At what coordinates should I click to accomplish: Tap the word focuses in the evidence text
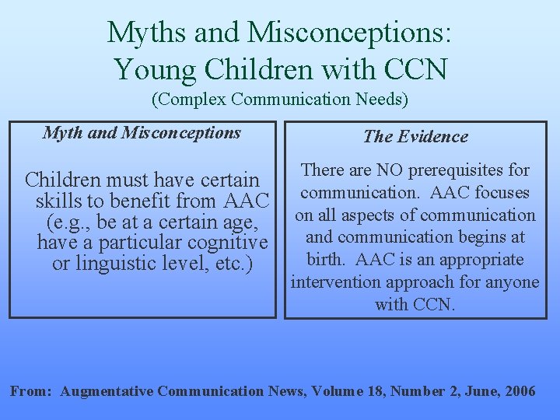[x=502, y=193]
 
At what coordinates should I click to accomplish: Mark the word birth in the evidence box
[x=327, y=260]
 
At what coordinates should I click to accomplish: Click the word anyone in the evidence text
[x=513, y=282]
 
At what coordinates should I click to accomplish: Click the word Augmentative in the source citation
[x=107, y=391]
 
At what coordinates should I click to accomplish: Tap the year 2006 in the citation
[x=519, y=391]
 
